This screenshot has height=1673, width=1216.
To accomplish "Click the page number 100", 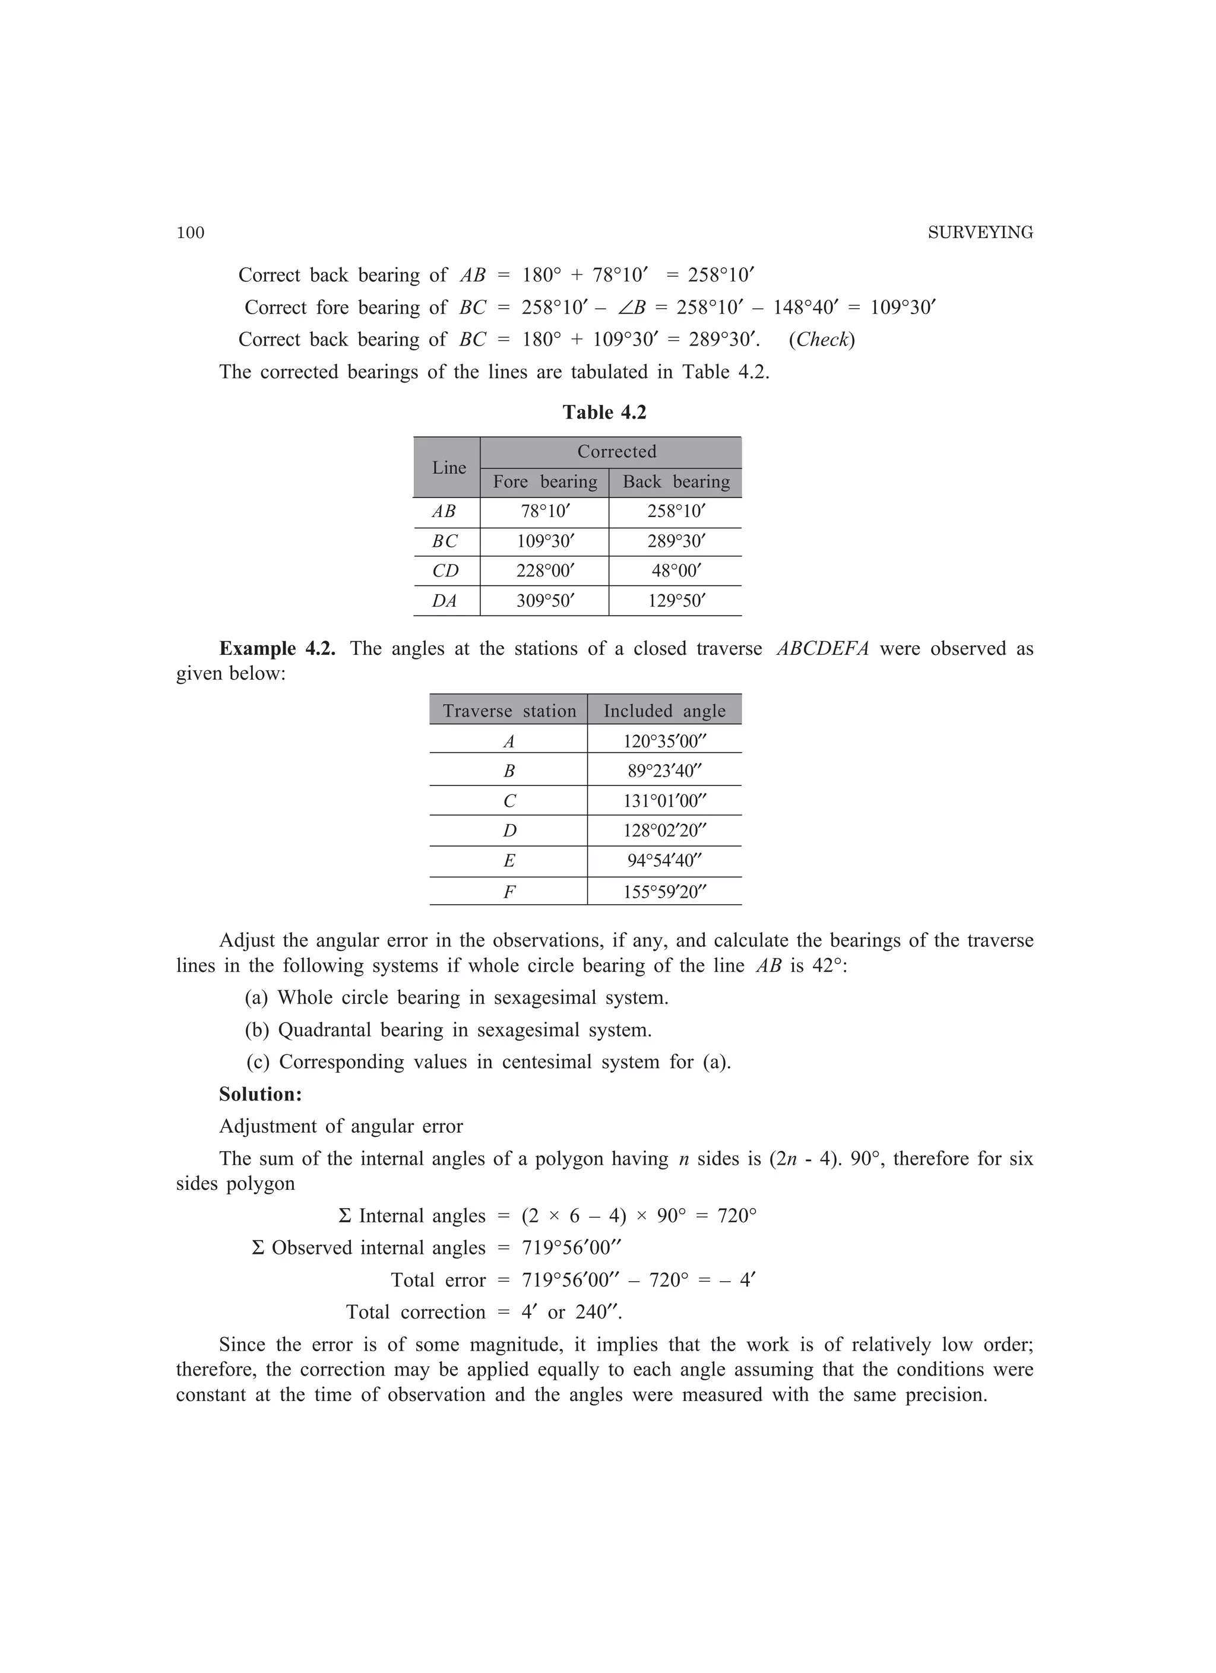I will [x=191, y=233].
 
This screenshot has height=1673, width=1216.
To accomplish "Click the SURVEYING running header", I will [x=980, y=233].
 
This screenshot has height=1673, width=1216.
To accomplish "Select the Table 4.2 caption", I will [x=604, y=413].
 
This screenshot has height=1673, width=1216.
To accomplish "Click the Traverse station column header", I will [x=509, y=711].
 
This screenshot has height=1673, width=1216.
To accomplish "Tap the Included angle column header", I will [x=664, y=711].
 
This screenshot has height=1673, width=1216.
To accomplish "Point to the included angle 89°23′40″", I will [x=664, y=772].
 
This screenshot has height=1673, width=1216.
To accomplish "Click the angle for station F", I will [x=664, y=892].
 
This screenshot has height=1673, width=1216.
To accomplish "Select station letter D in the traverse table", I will [x=509, y=831].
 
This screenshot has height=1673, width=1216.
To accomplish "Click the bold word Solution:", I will [x=261, y=1094].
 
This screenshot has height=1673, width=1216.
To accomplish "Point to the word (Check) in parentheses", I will [x=821, y=340].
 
